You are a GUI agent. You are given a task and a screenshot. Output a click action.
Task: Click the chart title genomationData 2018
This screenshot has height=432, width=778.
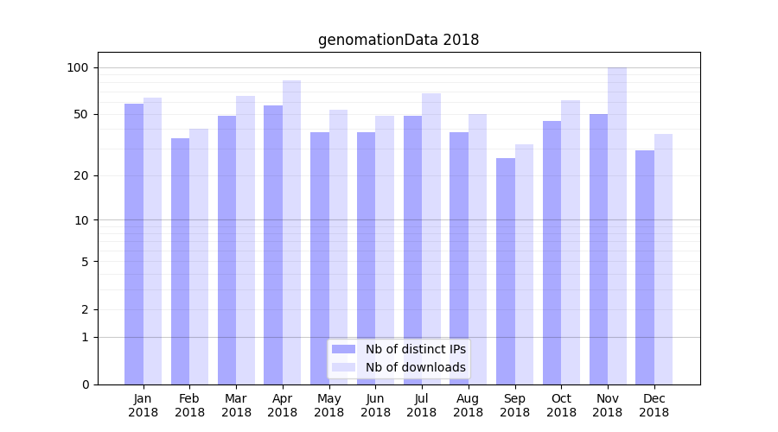tap(398, 40)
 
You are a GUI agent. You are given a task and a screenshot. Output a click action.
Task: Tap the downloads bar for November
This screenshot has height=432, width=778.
tap(617, 226)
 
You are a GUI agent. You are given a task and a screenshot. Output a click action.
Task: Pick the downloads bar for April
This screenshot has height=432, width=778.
tap(292, 232)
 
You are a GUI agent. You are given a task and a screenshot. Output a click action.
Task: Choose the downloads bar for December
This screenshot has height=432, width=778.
tap(664, 259)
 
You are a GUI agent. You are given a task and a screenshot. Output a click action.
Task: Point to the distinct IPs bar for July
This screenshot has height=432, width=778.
tap(412, 250)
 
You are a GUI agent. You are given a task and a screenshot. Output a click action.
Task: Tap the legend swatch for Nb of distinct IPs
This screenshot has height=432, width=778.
tap(343, 349)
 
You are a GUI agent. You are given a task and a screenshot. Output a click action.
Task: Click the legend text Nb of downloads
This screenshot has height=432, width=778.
tap(416, 367)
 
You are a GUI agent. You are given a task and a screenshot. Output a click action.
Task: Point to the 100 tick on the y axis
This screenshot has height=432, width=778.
tap(78, 67)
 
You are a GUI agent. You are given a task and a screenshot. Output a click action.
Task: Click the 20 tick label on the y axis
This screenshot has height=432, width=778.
tap(83, 175)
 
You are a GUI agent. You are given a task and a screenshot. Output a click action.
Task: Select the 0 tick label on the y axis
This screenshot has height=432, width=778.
tap(85, 384)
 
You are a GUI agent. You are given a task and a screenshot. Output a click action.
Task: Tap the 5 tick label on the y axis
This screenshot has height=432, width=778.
tap(85, 261)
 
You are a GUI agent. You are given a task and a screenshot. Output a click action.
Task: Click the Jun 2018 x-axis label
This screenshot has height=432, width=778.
tap(375, 405)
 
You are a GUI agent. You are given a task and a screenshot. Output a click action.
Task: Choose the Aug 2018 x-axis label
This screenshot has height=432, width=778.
tap(468, 405)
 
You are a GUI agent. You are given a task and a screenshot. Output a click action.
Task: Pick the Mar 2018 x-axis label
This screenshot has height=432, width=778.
tap(236, 405)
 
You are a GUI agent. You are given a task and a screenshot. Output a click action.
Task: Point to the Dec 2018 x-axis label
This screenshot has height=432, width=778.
tap(654, 405)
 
